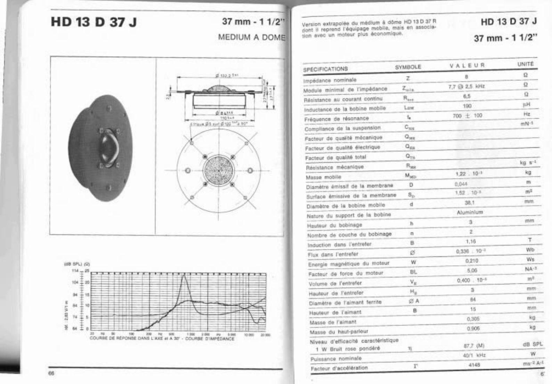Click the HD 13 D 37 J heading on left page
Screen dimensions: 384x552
click(x=94, y=22)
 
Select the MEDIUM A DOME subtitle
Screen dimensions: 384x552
click(x=251, y=37)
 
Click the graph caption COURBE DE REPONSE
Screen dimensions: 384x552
click(x=162, y=338)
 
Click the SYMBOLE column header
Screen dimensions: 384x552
click(x=408, y=67)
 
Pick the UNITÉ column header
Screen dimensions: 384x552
click(x=525, y=64)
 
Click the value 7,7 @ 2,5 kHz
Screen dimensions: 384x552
click(x=466, y=86)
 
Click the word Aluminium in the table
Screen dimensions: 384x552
click(x=470, y=212)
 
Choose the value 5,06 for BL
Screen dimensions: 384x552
click(x=472, y=270)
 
